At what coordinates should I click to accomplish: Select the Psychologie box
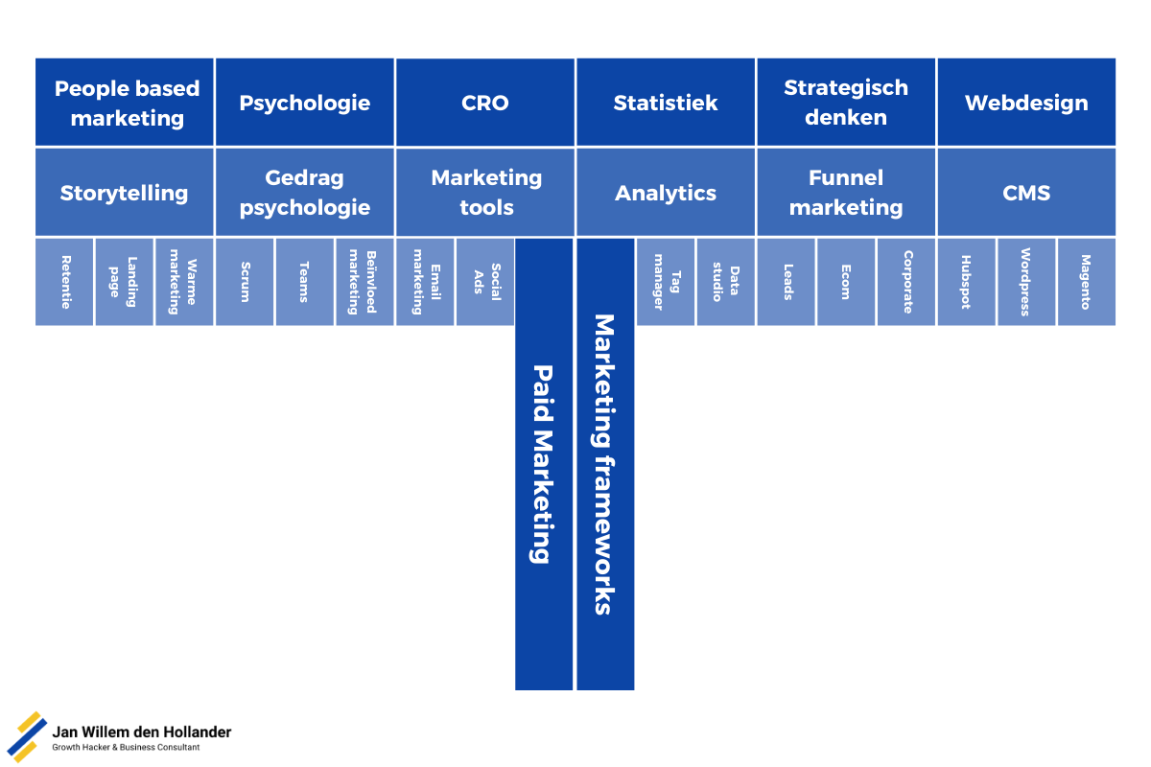click(304, 102)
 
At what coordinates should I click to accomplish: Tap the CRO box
click(484, 103)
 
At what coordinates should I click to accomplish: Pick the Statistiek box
click(665, 103)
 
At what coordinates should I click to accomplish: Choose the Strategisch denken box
click(845, 102)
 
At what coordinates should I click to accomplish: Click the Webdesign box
click(1026, 103)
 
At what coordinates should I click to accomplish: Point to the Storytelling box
click(125, 192)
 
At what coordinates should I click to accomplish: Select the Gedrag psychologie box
click(304, 192)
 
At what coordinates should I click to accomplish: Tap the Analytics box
click(665, 192)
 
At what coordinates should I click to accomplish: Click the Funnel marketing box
click(845, 192)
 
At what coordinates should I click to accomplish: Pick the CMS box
click(1026, 192)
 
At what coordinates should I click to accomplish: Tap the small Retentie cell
click(64, 282)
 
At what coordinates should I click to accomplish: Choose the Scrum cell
click(245, 282)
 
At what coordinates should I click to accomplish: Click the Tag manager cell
click(665, 282)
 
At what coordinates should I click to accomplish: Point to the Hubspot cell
click(966, 282)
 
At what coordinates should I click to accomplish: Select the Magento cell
click(1086, 282)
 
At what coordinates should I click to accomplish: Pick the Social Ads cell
click(484, 282)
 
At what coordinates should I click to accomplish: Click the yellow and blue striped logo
click(27, 736)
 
